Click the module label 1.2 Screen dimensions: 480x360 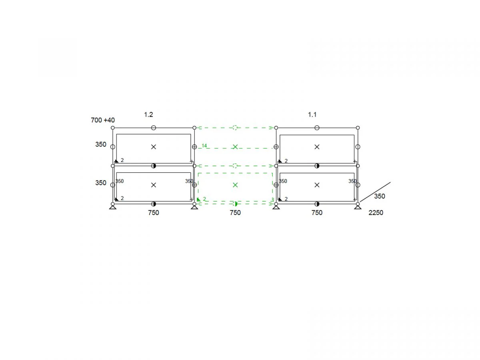coord(148,114)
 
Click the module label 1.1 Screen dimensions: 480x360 coord(312,114)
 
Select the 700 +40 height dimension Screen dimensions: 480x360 coord(102,120)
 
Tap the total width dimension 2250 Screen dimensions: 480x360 coord(376,212)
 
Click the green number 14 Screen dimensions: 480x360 coord(204,146)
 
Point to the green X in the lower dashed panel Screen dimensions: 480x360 coord(235,185)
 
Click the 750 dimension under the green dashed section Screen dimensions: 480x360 coord(235,212)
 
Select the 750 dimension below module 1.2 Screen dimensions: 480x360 coord(154,212)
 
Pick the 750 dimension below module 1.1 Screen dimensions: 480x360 coord(317,212)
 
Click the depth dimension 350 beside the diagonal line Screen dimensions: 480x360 coord(380,196)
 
